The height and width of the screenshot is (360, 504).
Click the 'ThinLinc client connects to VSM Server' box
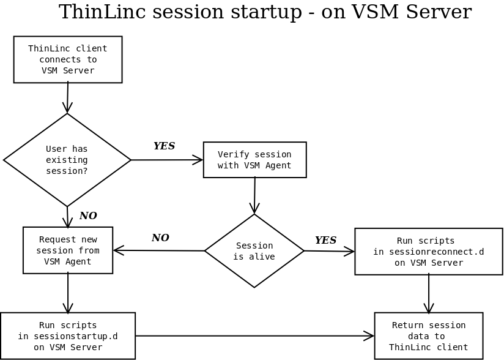click(x=68, y=59)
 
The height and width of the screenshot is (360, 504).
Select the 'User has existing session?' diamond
click(x=67, y=160)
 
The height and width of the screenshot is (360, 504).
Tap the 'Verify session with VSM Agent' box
click(x=254, y=160)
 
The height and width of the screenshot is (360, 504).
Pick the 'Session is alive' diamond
click(x=254, y=251)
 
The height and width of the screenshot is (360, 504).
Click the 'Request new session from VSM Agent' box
click(x=68, y=250)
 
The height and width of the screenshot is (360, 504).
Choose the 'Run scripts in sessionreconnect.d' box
click(x=428, y=252)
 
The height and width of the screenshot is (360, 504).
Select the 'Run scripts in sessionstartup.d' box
click(x=68, y=336)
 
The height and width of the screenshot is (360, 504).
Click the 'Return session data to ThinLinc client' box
click(x=428, y=336)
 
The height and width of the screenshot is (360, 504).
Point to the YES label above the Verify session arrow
click(x=164, y=146)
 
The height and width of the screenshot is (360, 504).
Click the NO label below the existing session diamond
click(x=88, y=216)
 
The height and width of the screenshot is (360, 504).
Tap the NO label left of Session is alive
click(x=160, y=238)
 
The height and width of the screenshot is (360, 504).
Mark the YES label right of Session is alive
click(x=325, y=241)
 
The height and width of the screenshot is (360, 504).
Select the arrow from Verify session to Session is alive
click(x=254, y=195)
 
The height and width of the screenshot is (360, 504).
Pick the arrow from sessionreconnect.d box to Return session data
click(x=429, y=294)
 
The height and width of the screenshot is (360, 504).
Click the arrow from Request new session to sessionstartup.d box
click(x=68, y=293)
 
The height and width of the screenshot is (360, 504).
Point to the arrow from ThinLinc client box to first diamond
click(x=67, y=98)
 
